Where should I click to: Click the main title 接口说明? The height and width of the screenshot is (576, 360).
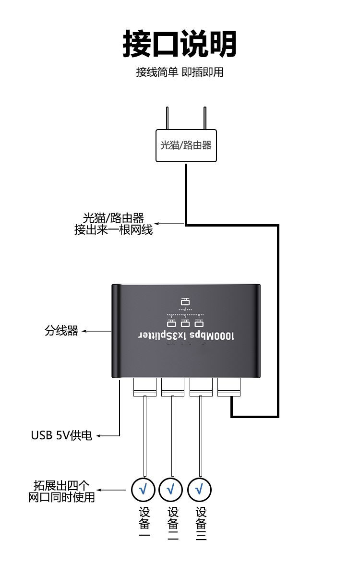click(180, 44)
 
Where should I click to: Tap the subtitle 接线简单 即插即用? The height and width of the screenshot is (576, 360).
click(180, 72)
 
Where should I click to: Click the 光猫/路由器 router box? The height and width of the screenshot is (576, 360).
click(186, 145)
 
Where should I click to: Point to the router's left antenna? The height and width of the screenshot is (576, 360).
click(168, 118)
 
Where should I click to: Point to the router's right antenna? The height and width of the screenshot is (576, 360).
click(204, 118)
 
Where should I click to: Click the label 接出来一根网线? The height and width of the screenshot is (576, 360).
click(113, 230)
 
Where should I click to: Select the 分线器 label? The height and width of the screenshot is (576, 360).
click(61, 331)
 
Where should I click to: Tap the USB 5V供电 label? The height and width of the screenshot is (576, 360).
click(61, 436)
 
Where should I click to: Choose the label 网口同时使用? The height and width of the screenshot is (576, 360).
click(61, 497)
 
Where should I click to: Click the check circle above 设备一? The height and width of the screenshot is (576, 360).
click(143, 489)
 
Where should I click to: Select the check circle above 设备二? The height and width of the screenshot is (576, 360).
click(171, 489)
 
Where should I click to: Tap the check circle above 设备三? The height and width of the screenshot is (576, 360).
click(200, 489)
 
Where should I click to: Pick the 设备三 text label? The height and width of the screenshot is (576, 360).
click(202, 524)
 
